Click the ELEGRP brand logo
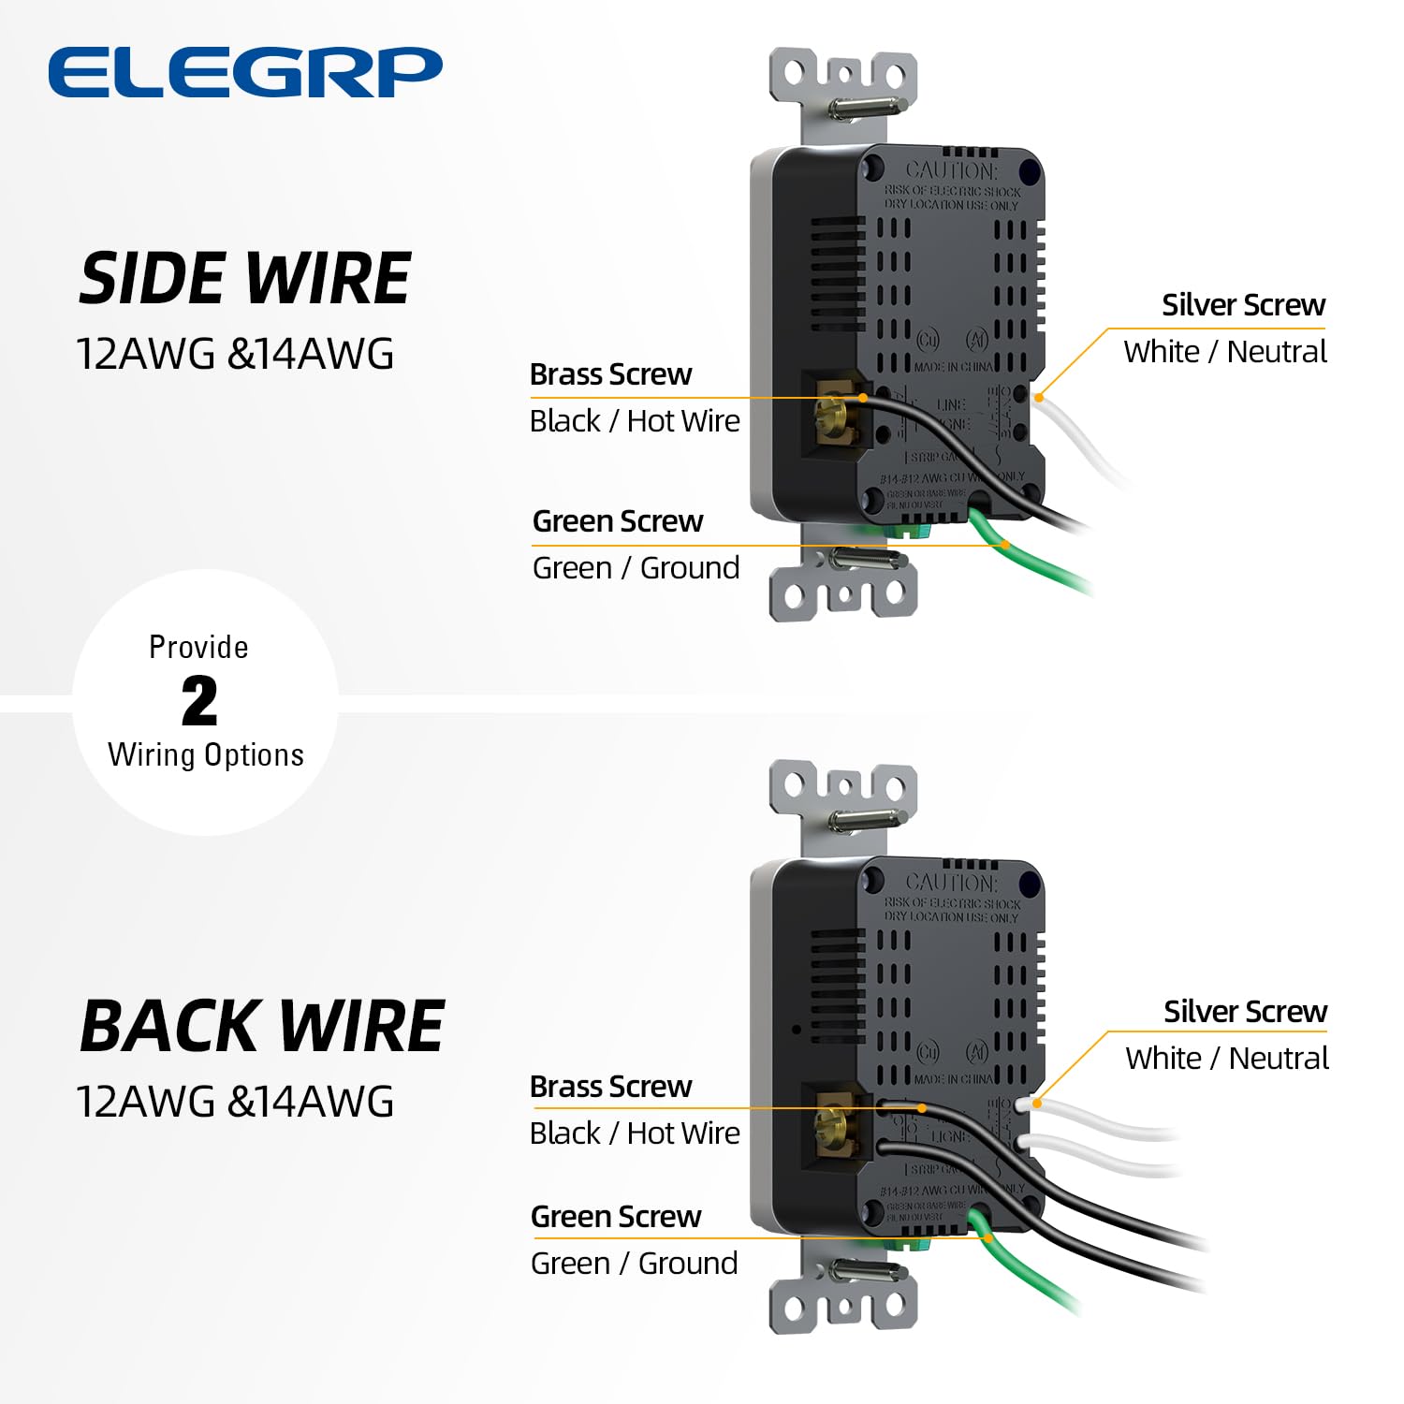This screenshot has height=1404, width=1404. click(x=245, y=73)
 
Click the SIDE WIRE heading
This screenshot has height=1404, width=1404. click(x=245, y=279)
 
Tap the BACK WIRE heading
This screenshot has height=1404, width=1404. click(x=262, y=1027)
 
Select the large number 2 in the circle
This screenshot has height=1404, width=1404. click(x=199, y=702)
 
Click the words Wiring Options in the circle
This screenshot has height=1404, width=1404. click(x=206, y=755)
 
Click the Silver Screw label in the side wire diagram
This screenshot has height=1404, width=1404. click(x=1243, y=305)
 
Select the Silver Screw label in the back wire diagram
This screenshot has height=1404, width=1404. click(x=1245, y=1012)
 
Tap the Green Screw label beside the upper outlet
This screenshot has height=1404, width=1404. click(x=617, y=521)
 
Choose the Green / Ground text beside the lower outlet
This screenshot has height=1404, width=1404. click(x=634, y=1264)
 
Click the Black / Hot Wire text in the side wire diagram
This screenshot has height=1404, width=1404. click(x=635, y=421)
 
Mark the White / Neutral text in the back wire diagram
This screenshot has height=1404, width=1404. click(x=1227, y=1059)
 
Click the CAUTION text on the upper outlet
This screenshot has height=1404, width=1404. click(x=951, y=171)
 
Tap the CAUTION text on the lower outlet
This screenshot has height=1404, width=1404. click(x=951, y=883)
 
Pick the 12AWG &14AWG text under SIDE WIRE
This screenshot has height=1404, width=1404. click(x=235, y=355)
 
